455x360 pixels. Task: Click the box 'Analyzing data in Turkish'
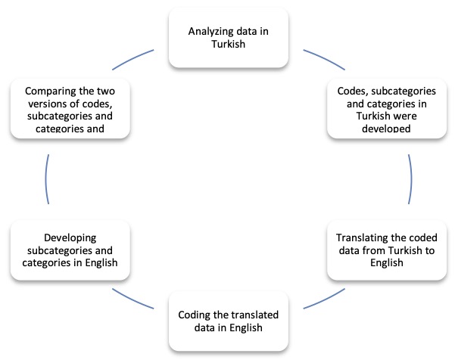[229, 37]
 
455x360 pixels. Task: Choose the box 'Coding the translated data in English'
[229, 321]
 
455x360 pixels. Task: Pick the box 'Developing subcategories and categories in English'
[69, 250]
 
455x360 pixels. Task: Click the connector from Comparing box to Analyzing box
[132, 61]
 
